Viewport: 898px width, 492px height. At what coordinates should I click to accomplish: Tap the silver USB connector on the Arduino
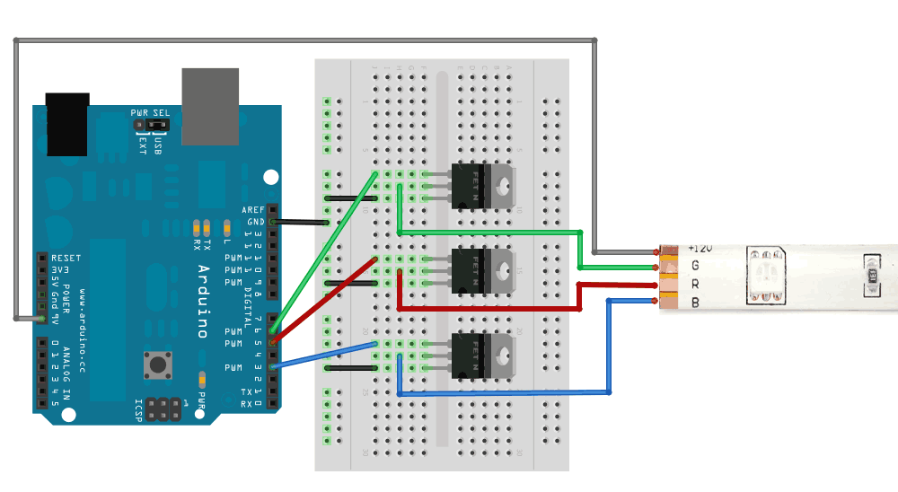pos(210,106)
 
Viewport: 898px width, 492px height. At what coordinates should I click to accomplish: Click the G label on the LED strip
pos(695,265)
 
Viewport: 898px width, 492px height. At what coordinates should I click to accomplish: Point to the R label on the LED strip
pos(695,284)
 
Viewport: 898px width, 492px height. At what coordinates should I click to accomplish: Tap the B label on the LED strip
pos(695,303)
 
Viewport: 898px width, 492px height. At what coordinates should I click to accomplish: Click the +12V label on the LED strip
pos(700,247)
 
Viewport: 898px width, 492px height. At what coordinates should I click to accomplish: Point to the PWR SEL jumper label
pos(150,113)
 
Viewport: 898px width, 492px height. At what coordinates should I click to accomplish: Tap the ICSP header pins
pos(163,409)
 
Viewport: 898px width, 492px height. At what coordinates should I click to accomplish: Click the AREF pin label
pos(254,209)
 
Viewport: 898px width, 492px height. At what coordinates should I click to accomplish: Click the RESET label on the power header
pos(66,259)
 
